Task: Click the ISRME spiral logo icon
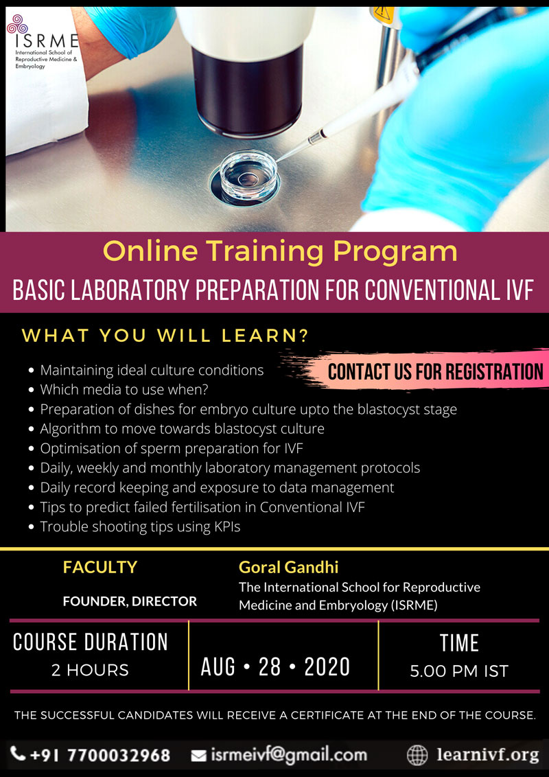pyautogui.click(x=17, y=24)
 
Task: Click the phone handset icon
pyautogui.click(x=18, y=754)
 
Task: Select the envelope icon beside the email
pyautogui.click(x=199, y=755)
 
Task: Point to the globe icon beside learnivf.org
pyautogui.click(x=417, y=755)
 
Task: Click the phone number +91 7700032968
pyautogui.click(x=100, y=755)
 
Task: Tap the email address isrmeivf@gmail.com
pyautogui.click(x=289, y=755)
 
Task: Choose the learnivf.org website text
pyautogui.click(x=487, y=755)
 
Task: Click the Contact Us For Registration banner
pyautogui.click(x=436, y=371)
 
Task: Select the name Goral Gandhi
pyautogui.click(x=288, y=566)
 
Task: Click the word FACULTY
pyautogui.click(x=100, y=567)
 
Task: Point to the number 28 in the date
pyautogui.click(x=270, y=667)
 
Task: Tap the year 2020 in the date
pyautogui.click(x=327, y=667)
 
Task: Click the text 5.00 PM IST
pyautogui.click(x=459, y=671)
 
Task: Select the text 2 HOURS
pyautogui.click(x=90, y=671)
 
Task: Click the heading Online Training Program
pyautogui.click(x=280, y=251)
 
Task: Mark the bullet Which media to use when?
pyautogui.click(x=124, y=390)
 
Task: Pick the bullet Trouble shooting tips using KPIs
pyautogui.click(x=140, y=526)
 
